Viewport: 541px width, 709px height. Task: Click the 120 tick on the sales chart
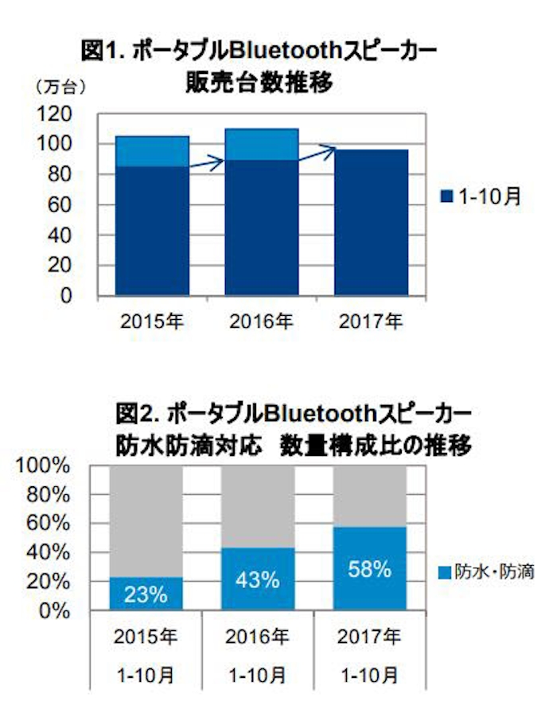click(59, 113)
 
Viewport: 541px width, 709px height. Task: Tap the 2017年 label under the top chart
click(371, 322)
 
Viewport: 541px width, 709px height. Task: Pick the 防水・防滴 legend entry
click(485, 571)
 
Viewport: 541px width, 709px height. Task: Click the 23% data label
click(146, 594)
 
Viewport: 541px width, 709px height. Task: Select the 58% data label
click(370, 569)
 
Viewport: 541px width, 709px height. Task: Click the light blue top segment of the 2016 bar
click(262, 144)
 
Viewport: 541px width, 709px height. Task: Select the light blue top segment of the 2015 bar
click(153, 151)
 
